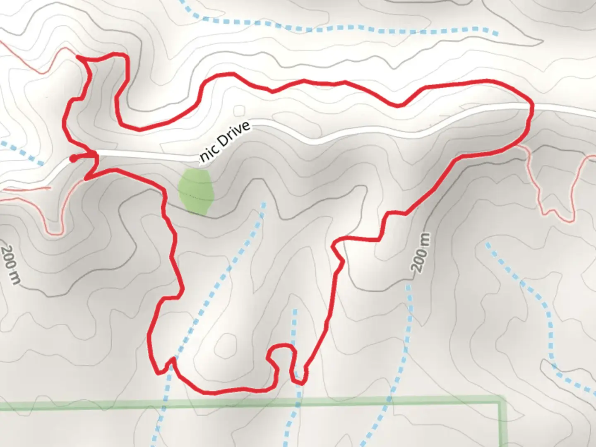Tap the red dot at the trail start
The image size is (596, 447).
[73, 158]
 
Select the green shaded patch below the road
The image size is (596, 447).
[196, 191]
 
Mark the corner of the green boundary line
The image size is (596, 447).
[502, 401]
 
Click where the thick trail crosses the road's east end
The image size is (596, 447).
[531, 109]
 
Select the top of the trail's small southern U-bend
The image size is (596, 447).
[282, 346]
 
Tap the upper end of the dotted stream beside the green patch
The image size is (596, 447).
[263, 204]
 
